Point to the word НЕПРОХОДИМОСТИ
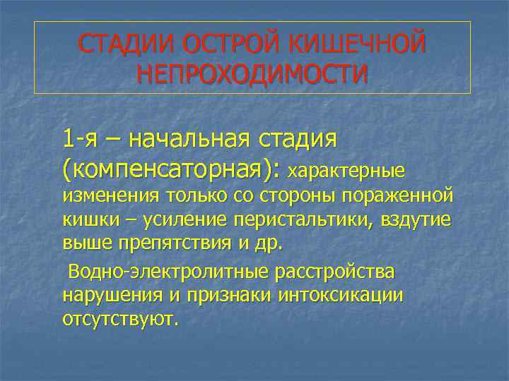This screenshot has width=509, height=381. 253,73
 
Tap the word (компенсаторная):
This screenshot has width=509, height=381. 172,170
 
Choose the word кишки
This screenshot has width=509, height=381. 86,220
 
